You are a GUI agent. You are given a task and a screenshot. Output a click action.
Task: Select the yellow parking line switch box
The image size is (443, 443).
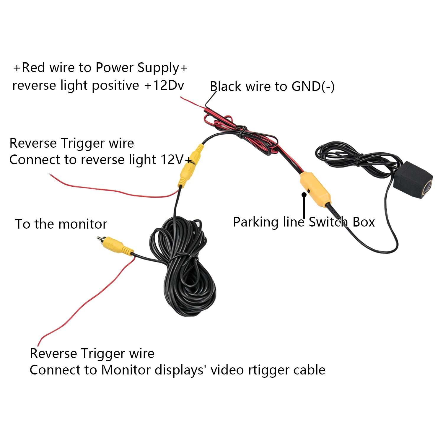coord(315,189)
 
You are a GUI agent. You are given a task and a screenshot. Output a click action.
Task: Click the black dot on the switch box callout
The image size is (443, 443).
coord(304,194)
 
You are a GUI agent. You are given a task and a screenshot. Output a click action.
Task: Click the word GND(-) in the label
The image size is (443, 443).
coord(313,87)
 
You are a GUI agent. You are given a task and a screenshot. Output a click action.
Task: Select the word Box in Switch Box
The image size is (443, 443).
coord(364,222)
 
